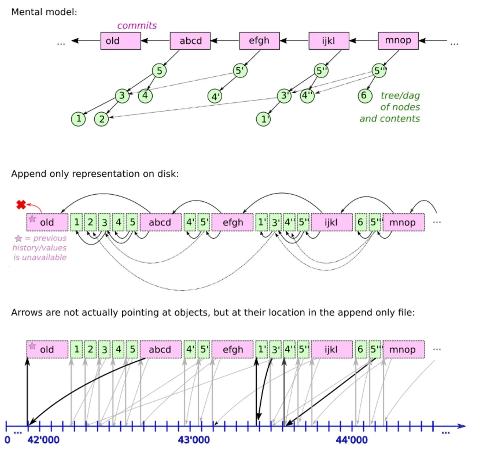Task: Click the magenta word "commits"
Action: pyautogui.click(x=137, y=26)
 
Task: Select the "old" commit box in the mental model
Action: pyautogui.click(x=120, y=41)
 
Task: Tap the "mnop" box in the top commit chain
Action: pyautogui.click(x=398, y=40)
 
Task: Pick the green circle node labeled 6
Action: pyautogui.click(x=365, y=96)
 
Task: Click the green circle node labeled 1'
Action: pyautogui.click(x=263, y=119)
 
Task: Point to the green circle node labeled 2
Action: pyautogui.click(x=101, y=119)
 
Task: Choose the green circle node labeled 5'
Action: pyautogui.click(x=240, y=71)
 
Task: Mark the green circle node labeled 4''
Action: pyautogui.click(x=307, y=96)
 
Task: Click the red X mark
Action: pyautogui.click(x=21, y=204)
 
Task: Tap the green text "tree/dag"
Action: pyautogui.click(x=400, y=96)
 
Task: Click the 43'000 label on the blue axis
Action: pyautogui.click(x=194, y=440)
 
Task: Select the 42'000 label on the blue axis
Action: pyautogui.click(x=43, y=440)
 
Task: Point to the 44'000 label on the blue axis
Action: pyautogui.click(x=352, y=440)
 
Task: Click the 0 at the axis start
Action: pyautogui.click(x=7, y=440)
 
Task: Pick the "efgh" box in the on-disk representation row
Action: pyautogui.click(x=232, y=222)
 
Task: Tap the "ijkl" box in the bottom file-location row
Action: pyautogui.click(x=331, y=349)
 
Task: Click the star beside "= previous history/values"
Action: pyautogui.click(x=18, y=239)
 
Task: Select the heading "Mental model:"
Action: pyautogui.click(x=44, y=12)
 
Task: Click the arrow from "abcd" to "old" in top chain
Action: pyautogui.click(x=155, y=41)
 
